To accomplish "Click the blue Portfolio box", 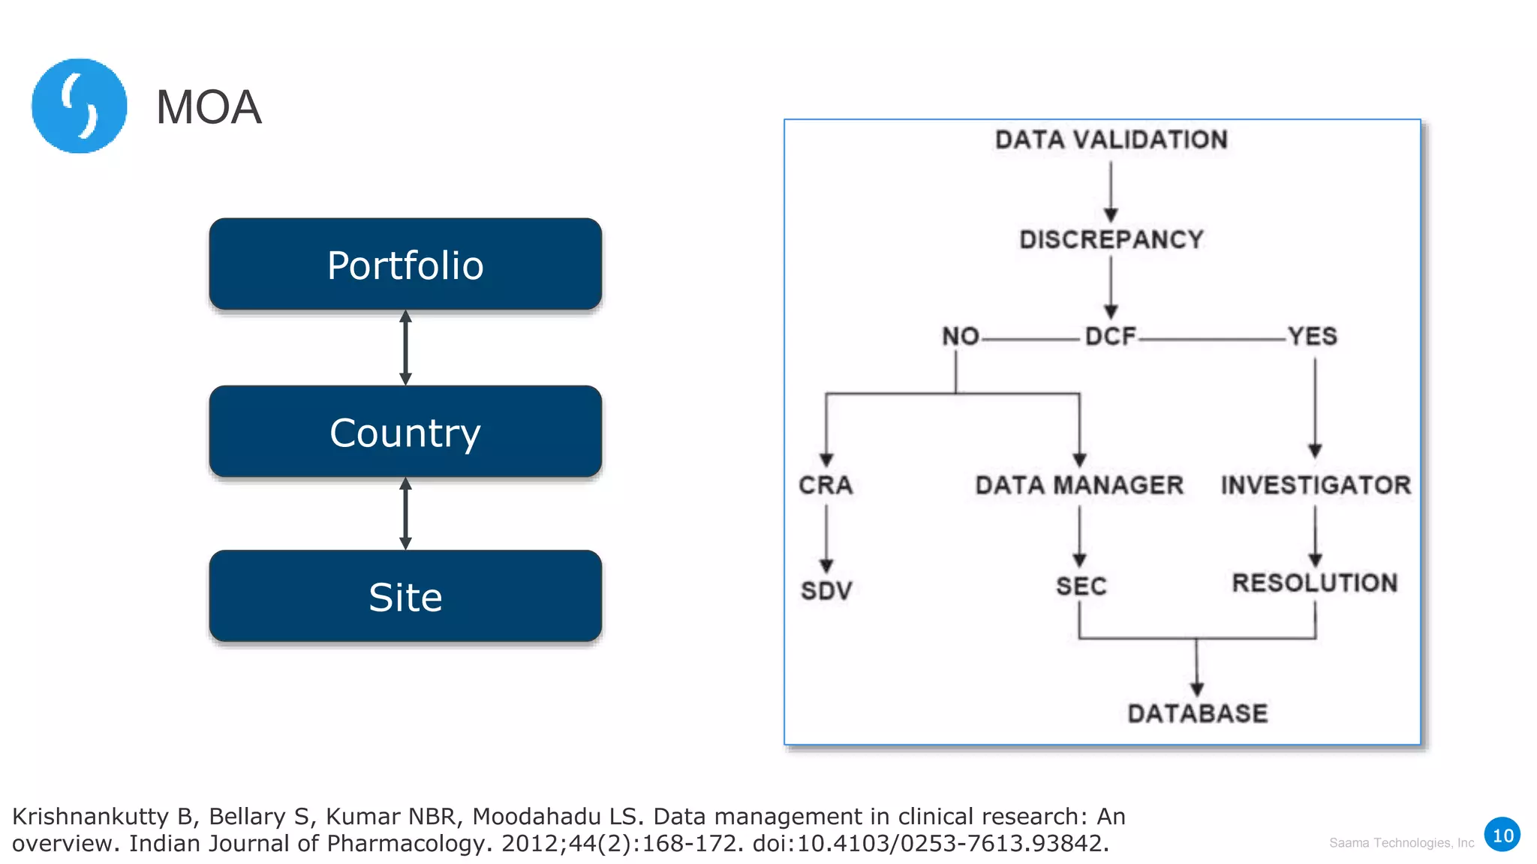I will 405,265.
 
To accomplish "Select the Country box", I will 405,432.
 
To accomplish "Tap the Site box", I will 405,596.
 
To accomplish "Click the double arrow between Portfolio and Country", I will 405,347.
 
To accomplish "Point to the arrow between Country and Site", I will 405,514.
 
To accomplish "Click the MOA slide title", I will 209,107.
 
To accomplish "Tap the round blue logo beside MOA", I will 79,106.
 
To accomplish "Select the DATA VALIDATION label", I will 1111,139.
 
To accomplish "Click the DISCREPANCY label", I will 1111,239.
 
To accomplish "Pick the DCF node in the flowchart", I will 1111,336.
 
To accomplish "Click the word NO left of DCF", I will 961,336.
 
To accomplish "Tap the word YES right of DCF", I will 1313,336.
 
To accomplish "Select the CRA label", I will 826,485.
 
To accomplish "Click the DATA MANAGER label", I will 1079,485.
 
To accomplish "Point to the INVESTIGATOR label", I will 1316,485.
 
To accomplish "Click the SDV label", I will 826,591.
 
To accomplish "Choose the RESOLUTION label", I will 1315,583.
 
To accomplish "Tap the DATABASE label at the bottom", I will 1197,713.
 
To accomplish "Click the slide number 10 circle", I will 1502,835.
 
